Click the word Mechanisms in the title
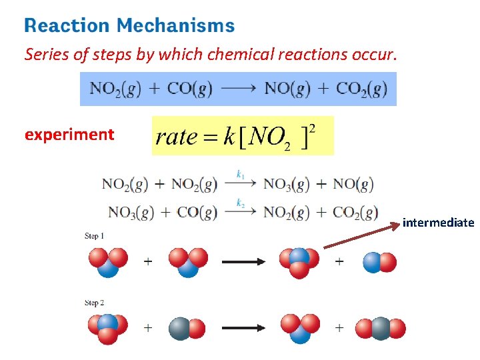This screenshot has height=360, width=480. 175,26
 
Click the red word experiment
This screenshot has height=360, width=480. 69,135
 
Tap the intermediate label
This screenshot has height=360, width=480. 438,223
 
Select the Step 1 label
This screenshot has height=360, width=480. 94,236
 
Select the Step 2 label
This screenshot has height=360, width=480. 94,303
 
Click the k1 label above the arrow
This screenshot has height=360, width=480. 241,175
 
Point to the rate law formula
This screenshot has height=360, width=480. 243,136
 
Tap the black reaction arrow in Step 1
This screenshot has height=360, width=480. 243,261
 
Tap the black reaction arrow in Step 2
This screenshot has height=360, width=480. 243,328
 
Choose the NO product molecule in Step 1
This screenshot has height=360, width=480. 379,262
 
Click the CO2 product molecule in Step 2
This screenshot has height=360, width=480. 381,328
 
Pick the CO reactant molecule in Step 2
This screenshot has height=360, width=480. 187,328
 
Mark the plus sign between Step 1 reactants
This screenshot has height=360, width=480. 147,261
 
